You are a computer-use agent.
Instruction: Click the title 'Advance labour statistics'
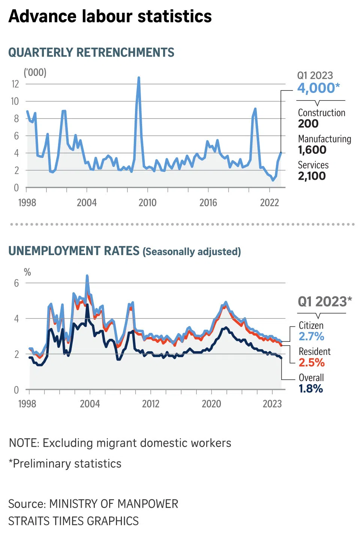pos(110,17)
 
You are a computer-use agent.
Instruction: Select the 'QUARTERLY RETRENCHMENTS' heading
pos(91,53)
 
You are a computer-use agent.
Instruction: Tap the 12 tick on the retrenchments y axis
pos(15,84)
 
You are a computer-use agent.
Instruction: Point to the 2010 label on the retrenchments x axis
pos(147,203)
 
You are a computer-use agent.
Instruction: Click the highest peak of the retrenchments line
pos(139,78)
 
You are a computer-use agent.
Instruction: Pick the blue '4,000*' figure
pos(318,88)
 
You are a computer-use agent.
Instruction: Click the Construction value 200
pos(308,124)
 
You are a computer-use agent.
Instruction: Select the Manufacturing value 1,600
pos(312,150)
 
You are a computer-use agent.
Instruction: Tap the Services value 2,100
pos(312,176)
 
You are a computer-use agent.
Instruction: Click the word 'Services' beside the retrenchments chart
pos(313,165)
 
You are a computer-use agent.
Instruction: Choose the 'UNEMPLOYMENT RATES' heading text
pos(74,251)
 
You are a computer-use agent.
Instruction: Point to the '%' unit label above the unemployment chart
pos(27,272)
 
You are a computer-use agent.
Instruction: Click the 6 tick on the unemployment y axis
pos(16,283)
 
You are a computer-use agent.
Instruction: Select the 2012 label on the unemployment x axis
pos(151,404)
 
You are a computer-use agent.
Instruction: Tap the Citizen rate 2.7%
pos(311,337)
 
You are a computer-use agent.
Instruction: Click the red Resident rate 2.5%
pos(311,363)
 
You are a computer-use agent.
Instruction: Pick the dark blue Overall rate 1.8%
pos(310,389)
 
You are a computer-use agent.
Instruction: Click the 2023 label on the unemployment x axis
pos(272,404)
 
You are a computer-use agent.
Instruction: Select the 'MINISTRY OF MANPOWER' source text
pos(114,504)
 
